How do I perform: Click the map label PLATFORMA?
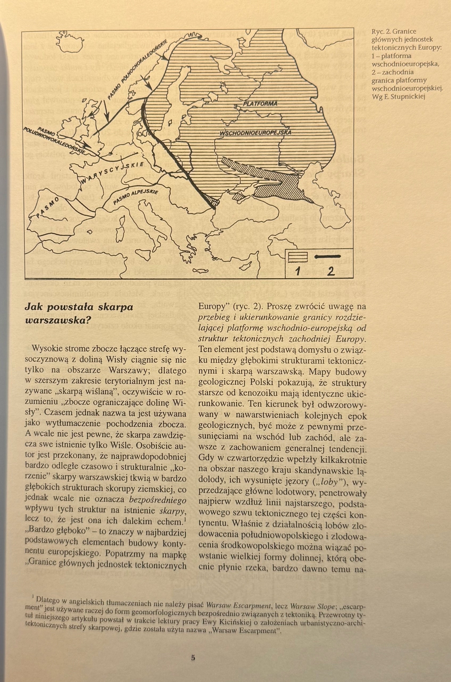click(x=260, y=104)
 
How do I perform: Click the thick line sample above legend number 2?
click(x=328, y=256)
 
